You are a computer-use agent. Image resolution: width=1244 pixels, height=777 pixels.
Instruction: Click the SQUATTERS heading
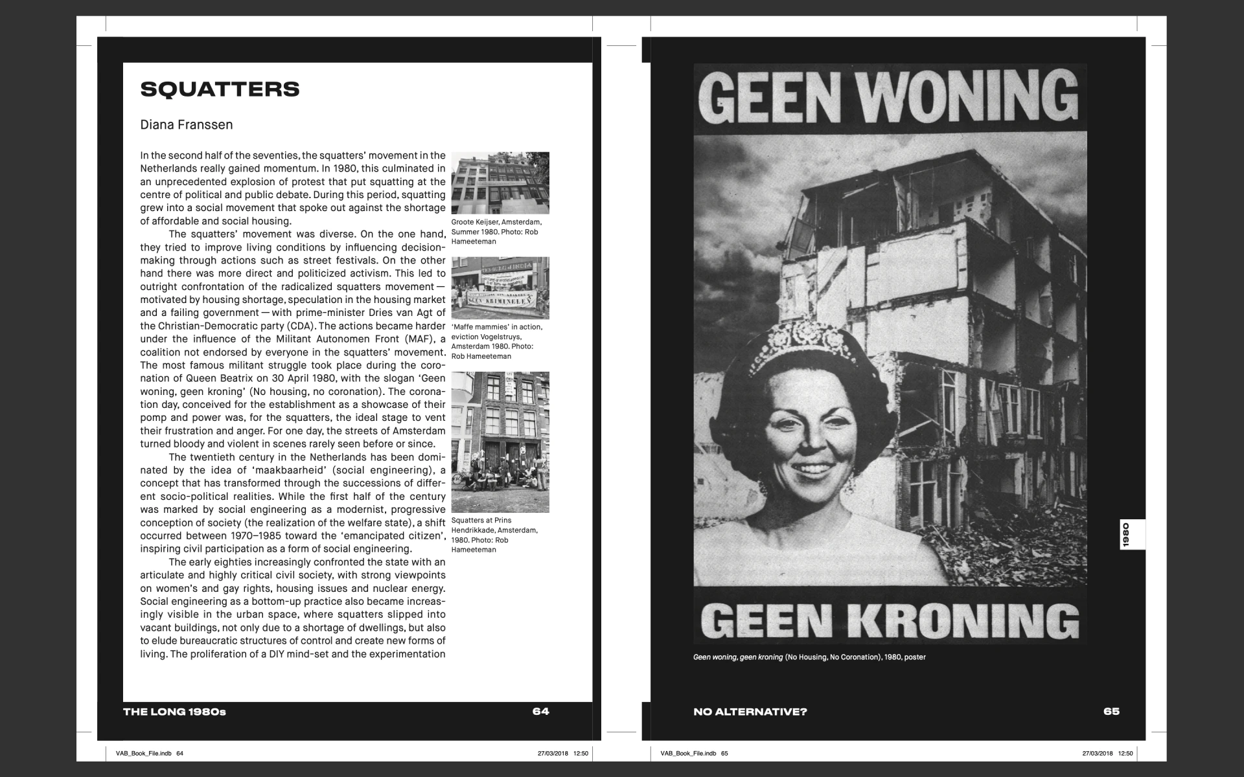click(220, 89)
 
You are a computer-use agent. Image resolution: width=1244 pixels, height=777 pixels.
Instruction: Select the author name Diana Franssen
click(187, 125)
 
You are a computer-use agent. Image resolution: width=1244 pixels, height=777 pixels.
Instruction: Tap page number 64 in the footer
click(540, 712)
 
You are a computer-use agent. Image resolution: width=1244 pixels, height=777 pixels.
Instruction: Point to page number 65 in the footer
click(1111, 712)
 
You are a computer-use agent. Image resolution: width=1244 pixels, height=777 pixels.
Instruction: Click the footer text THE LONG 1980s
click(174, 712)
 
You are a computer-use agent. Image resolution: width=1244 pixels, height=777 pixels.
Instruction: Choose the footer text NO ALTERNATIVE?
click(750, 712)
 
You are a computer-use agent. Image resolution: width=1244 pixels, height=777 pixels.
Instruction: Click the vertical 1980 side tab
click(1126, 535)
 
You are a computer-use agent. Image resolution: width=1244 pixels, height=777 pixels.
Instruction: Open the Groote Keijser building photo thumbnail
click(500, 183)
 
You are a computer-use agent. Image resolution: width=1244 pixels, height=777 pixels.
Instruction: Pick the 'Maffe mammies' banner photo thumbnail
click(500, 288)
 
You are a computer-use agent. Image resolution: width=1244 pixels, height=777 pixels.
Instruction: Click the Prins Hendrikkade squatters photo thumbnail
click(500, 442)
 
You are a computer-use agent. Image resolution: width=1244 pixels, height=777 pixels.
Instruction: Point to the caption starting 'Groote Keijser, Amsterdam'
click(496, 232)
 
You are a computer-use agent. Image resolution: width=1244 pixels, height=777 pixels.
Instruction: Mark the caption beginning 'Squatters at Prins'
click(494, 535)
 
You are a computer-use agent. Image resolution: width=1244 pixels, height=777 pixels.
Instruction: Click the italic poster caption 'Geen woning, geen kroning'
click(738, 657)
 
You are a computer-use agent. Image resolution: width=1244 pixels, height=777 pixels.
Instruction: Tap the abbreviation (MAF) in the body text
click(419, 339)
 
